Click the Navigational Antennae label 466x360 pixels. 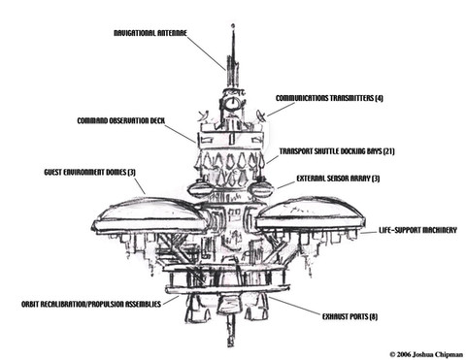[150, 33]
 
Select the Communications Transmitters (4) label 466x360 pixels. [329, 98]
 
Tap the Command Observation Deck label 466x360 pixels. [121, 120]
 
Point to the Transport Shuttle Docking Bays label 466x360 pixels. [337, 151]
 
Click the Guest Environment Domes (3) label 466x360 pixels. [90, 172]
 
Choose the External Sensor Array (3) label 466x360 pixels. [338, 179]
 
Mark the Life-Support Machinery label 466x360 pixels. [417, 230]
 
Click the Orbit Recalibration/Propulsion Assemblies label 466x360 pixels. [91, 304]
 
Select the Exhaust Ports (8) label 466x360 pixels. [349, 316]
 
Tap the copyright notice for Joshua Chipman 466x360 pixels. [426, 354]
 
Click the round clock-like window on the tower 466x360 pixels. [232, 104]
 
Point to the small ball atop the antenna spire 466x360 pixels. [233, 25]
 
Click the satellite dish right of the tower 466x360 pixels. [261, 115]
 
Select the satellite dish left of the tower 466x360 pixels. [204, 115]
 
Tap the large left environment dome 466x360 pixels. [149, 214]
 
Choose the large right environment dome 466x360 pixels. [311, 213]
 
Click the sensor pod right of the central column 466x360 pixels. [260, 188]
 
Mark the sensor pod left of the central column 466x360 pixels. [200, 188]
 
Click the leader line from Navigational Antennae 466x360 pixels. [206, 53]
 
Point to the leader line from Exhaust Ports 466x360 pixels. [295, 306]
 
